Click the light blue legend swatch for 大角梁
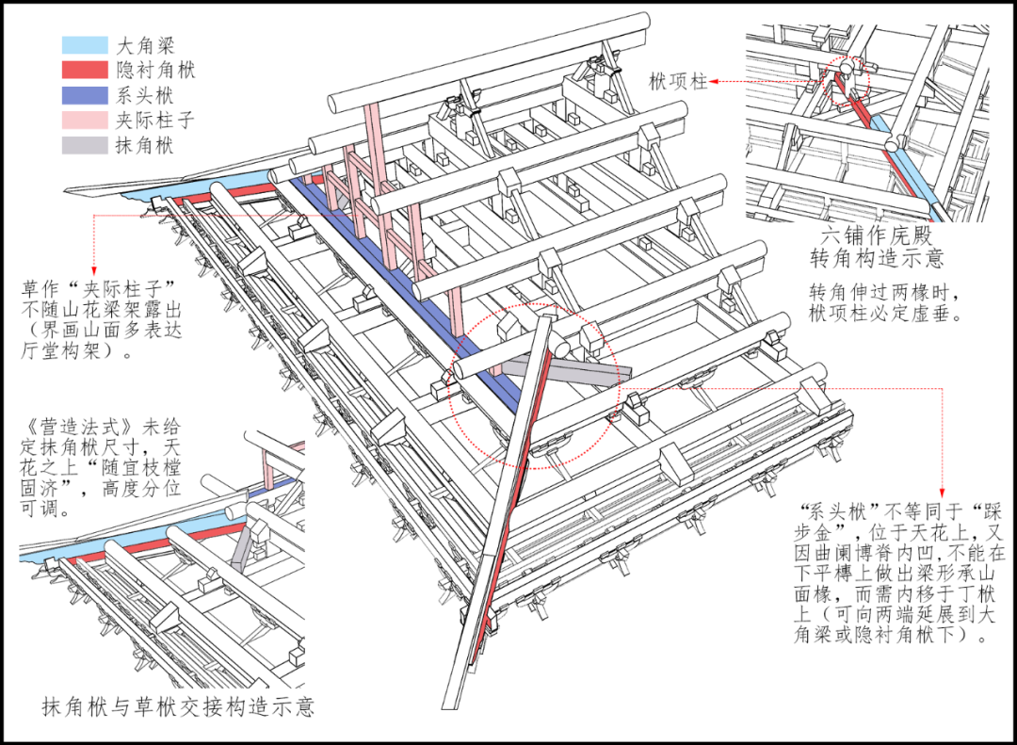coord(83,44)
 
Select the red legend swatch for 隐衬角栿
coord(83,70)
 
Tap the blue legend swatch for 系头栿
coord(83,95)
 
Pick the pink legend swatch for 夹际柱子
coord(83,121)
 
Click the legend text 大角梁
coord(145,44)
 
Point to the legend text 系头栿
coord(145,95)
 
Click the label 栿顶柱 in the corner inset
coord(678,82)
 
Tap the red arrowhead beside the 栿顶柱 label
coord(716,82)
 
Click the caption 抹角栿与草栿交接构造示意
coord(178,705)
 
